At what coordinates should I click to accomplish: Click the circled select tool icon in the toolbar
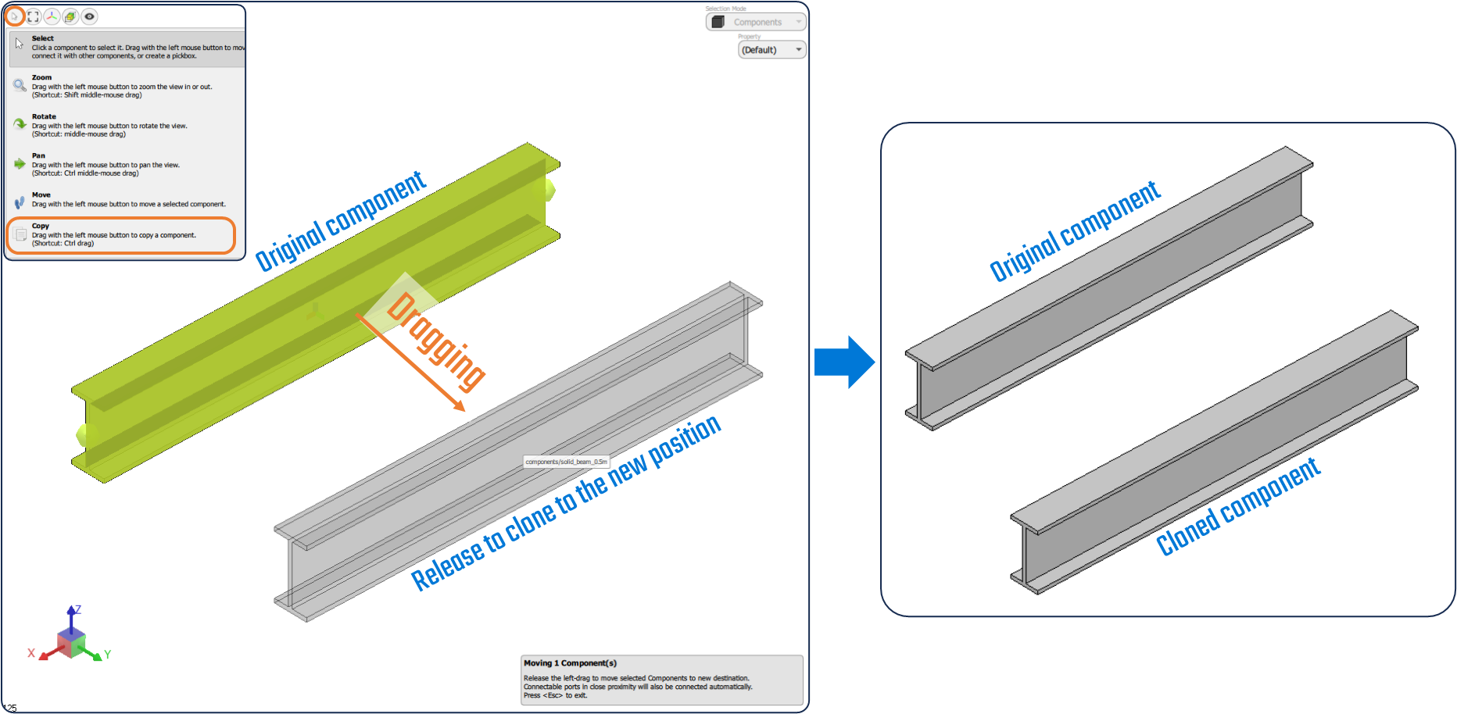pos(14,16)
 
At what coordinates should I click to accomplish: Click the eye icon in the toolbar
pos(90,16)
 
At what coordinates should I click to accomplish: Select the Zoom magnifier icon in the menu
pos(20,85)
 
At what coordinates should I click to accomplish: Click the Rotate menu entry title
pos(44,116)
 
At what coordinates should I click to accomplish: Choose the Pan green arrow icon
pos(20,163)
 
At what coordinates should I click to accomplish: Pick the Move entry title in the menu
pos(41,195)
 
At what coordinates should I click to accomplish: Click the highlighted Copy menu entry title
pos(41,226)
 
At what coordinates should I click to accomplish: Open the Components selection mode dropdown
pos(756,22)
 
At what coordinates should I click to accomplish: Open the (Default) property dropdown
pos(771,50)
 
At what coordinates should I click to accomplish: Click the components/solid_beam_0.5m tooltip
pos(566,462)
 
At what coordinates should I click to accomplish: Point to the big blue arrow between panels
pos(845,362)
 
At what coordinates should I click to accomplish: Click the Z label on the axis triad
pos(77,609)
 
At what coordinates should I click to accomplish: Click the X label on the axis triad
pos(31,653)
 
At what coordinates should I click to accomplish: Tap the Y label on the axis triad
pos(108,655)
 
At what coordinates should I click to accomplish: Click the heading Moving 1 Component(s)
pos(570,663)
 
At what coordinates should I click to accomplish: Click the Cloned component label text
pos(1237,508)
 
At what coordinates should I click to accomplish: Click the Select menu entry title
pos(43,38)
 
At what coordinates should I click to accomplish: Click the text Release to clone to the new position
pos(565,504)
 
